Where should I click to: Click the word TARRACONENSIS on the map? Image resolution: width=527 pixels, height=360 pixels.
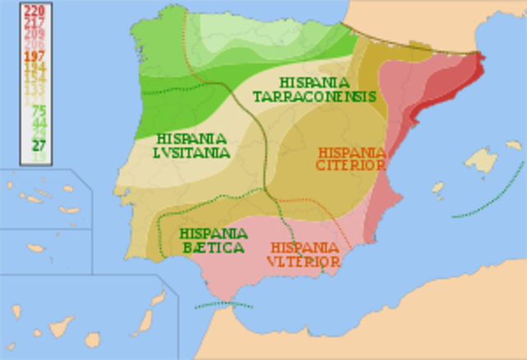coord(315,96)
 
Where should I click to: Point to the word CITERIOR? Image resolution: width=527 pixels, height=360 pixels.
coord(351,166)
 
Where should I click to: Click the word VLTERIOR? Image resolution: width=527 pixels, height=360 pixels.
coord(304,261)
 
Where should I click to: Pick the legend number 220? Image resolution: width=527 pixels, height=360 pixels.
coord(35,10)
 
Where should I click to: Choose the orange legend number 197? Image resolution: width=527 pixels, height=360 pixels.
coord(35,56)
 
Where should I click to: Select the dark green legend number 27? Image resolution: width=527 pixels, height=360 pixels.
coord(38,146)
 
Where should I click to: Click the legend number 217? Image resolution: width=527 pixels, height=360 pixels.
coord(35,21)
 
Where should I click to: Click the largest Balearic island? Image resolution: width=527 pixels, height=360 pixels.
coord(481,161)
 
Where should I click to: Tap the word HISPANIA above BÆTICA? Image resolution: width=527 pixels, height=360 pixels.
coord(212,233)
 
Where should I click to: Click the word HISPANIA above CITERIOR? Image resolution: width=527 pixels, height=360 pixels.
coord(352,152)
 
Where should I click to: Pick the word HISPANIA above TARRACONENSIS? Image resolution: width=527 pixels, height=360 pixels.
coord(314,82)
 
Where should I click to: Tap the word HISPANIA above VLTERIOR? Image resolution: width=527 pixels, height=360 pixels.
coord(304,247)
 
